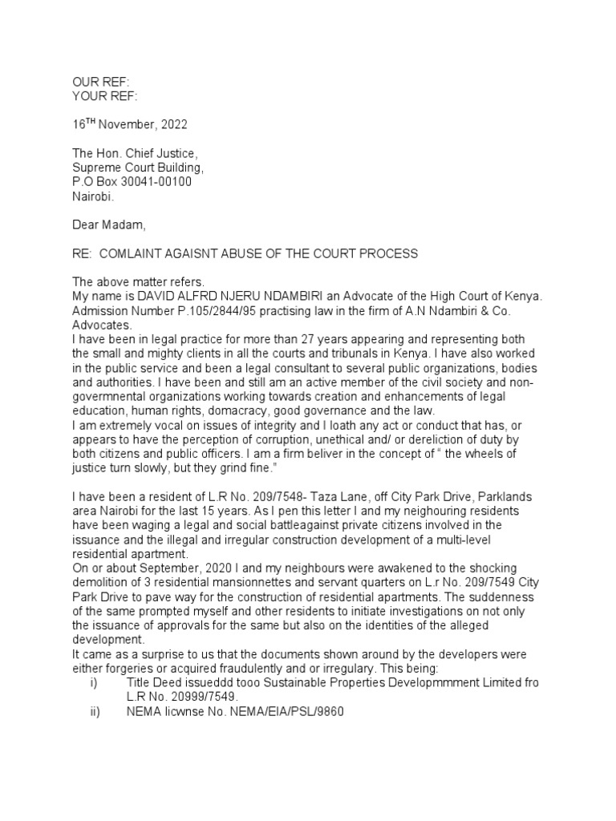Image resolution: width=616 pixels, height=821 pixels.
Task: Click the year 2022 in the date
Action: [176, 125]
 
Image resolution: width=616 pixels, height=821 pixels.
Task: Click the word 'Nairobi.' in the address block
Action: [95, 196]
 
